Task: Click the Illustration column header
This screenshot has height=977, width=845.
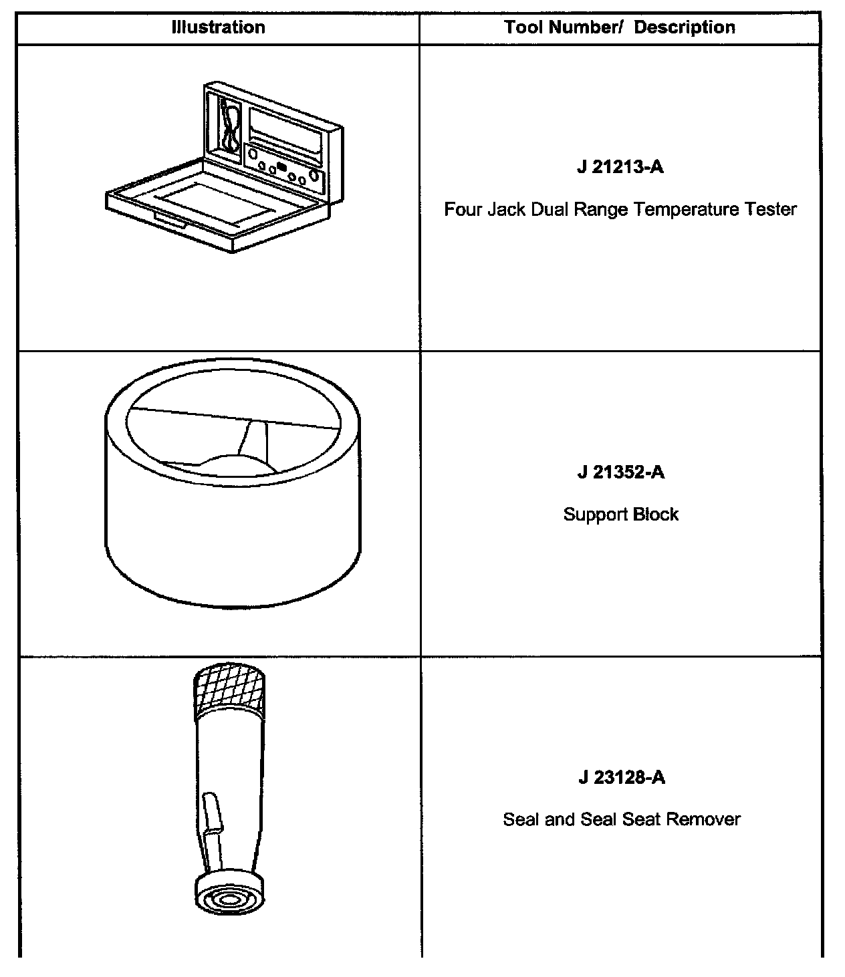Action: [x=218, y=27]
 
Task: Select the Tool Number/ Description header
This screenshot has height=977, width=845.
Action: [x=620, y=27]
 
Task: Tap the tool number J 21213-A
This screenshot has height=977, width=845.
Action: [x=620, y=166]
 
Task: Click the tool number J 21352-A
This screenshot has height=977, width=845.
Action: [x=621, y=472]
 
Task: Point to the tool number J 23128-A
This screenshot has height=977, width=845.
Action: [x=622, y=778]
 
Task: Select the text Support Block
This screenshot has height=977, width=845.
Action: [x=620, y=515]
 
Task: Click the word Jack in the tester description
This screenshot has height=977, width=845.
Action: [x=505, y=210]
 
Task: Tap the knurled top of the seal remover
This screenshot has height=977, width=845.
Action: [x=231, y=688]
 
